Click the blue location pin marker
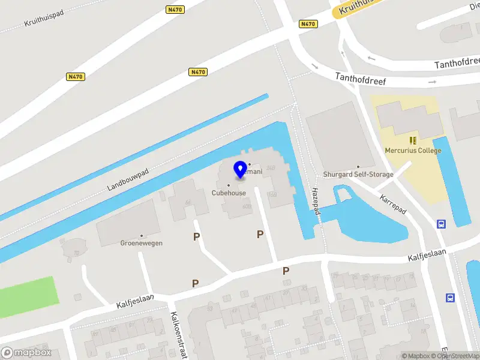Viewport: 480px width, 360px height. pos(241,169)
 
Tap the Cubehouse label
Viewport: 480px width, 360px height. pos(229,193)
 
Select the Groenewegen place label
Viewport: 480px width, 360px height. pos(142,243)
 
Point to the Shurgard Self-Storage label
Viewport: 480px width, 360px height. pos(358,175)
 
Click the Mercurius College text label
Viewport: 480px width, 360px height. pos(413,151)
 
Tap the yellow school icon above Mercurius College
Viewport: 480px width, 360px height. pos(413,140)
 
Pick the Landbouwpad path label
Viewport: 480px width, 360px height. pos(128,179)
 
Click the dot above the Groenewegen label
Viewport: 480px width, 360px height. pos(142,235)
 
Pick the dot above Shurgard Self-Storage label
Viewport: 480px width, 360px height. pos(358,167)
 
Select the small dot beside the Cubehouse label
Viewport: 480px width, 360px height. pos(229,185)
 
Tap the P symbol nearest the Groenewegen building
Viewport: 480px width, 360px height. pos(196,237)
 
